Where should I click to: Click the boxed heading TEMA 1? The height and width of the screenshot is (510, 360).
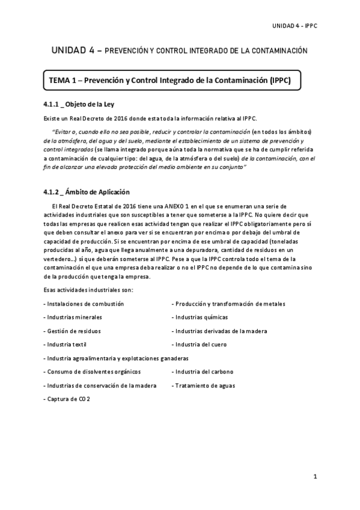click(170, 81)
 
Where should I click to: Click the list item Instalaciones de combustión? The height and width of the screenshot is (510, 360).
click(84, 304)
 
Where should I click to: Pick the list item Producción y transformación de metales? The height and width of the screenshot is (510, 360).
click(228, 304)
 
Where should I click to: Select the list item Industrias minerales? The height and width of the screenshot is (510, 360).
click(73, 317)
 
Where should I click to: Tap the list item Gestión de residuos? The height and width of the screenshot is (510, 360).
click(72, 331)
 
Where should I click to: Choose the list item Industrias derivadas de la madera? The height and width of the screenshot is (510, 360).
click(219, 331)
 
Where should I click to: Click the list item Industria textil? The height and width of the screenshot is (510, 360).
click(66, 345)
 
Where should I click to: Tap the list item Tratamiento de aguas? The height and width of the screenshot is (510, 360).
click(204, 386)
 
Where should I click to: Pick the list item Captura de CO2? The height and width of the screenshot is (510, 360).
click(67, 399)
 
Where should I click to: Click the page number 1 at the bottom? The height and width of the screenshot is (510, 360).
click(314, 477)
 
